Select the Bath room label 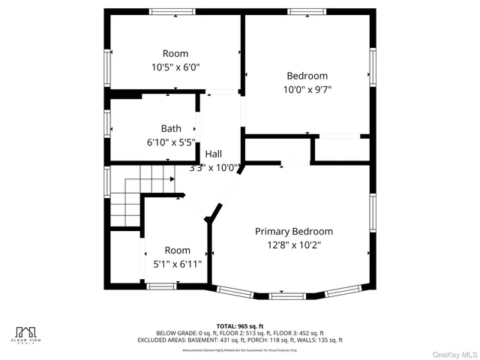[170, 128]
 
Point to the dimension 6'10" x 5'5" [170, 141]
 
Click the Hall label [213, 154]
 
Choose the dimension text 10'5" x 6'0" [175, 67]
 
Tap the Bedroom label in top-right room [307, 76]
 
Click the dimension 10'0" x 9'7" [307, 89]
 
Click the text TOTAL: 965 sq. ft [239, 325]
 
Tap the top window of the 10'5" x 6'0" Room [175, 12]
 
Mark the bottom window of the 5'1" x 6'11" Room [161, 286]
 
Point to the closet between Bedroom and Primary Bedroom [341, 149]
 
